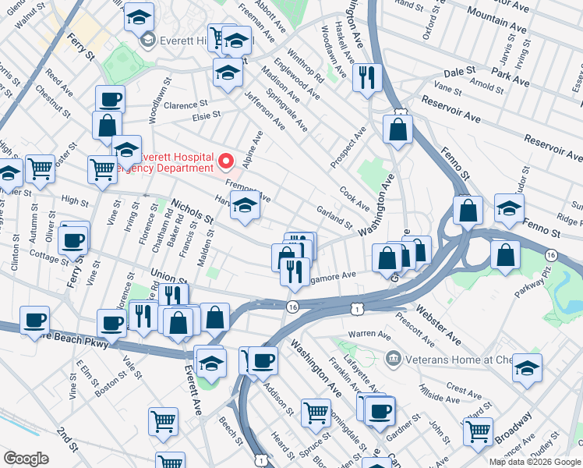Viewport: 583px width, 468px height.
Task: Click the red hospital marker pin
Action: pyautogui.click(x=227, y=161)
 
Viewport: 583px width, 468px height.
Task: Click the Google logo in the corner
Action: pyautogui.click(x=26, y=459)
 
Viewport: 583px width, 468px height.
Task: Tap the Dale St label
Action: pyautogui.click(x=460, y=71)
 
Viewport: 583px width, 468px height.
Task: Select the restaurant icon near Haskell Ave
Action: pyautogui.click(x=366, y=77)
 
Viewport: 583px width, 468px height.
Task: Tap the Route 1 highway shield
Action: pyautogui.click(x=356, y=310)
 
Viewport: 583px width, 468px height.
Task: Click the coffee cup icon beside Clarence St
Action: pyautogui.click(x=110, y=100)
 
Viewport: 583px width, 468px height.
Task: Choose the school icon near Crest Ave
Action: pyautogui.click(x=528, y=368)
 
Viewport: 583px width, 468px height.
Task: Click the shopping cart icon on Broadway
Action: pyautogui.click(x=478, y=431)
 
